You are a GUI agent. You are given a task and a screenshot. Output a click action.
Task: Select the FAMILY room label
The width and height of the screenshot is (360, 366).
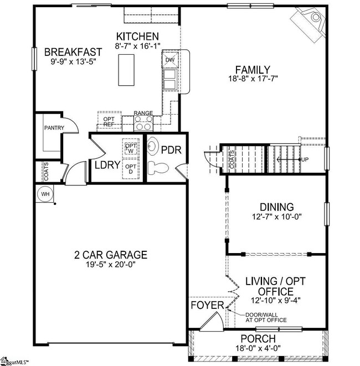pos(252,70)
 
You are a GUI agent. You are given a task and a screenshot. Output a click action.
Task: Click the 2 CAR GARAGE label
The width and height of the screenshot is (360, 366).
pos(111,255)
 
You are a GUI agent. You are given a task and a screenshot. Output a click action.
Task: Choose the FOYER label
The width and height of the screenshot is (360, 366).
pos(207,306)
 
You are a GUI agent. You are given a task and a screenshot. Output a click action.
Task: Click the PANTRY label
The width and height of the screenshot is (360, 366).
pos(54,128)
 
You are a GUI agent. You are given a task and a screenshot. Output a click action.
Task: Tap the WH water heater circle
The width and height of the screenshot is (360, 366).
pos(45,194)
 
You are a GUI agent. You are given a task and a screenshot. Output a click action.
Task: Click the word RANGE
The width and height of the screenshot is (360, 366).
pos(143,114)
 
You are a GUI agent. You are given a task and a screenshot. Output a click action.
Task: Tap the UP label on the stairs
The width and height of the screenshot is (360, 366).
pos(304,160)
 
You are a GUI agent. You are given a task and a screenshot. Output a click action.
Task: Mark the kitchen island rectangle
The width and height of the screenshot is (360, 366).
pos(127,70)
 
